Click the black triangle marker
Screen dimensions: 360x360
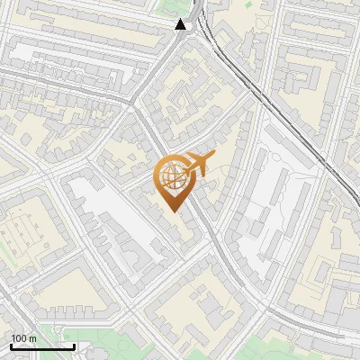[182, 24]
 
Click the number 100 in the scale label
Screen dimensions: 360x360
[19, 338]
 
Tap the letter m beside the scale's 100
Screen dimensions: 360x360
[32, 338]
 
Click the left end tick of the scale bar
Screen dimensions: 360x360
[11, 346]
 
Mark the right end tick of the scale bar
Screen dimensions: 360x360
[74, 346]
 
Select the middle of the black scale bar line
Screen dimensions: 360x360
[42, 346]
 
